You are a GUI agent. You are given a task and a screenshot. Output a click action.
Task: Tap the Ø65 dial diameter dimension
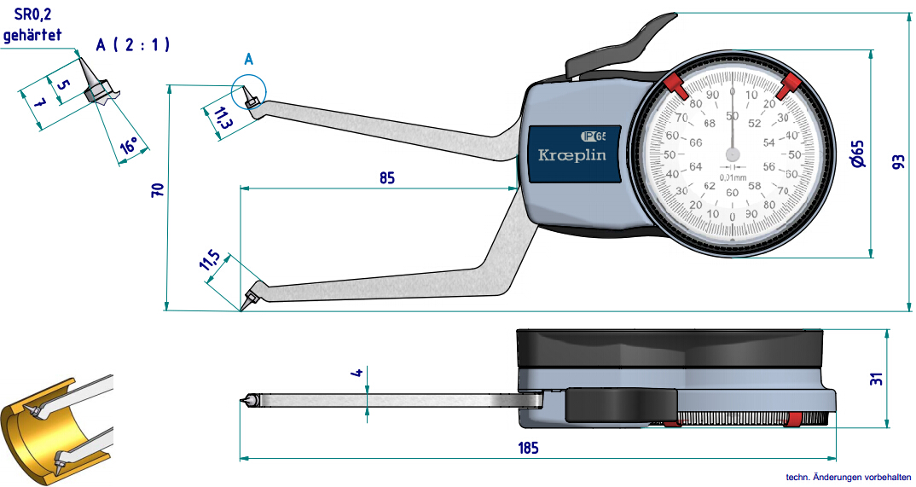pos(858,153)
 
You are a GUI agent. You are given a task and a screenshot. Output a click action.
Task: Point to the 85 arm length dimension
pos(386,177)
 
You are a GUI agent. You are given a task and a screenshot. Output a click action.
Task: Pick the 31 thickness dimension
pos(877,377)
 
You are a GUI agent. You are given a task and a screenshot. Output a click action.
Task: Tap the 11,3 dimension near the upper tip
pos(223,119)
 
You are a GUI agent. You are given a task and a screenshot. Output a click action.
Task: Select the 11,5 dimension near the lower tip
pos(210,261)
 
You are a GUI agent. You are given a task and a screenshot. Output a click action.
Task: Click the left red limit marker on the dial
pos(675,84)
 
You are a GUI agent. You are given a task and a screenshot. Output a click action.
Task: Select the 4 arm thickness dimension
pos(359,373)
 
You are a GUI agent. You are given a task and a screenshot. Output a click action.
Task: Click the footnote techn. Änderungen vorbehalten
pos(849,478)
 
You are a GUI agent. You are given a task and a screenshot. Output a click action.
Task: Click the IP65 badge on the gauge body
pos(594,136)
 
